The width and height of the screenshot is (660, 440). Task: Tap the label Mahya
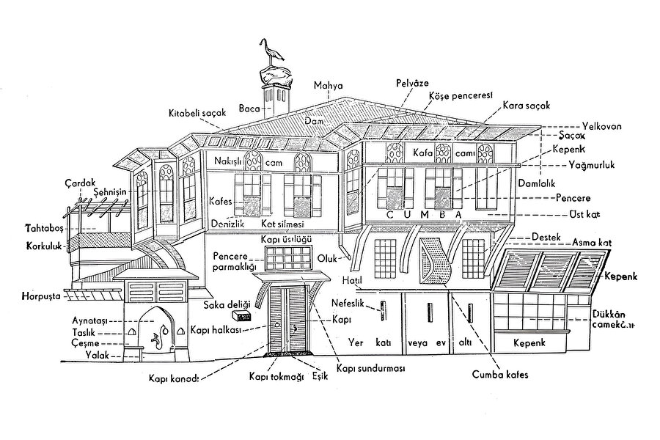[329, 86]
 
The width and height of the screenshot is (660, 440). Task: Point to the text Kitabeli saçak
[193, 113]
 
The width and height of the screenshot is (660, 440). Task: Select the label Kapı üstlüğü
[281, 240]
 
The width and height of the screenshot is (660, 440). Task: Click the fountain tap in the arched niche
[155, 340]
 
